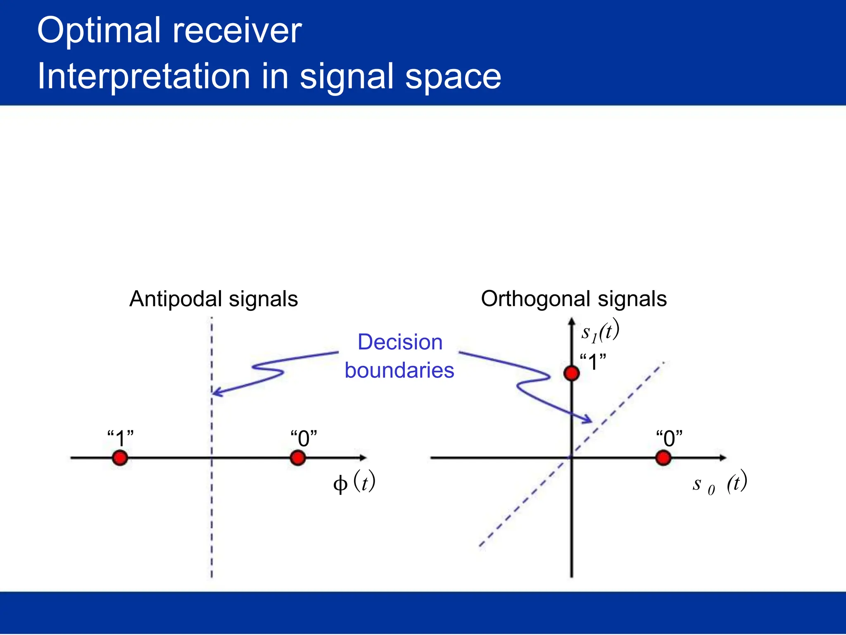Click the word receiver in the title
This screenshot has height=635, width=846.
[237, 31]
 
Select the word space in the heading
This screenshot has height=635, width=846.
[453, 77]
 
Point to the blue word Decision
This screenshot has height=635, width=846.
[400, 342]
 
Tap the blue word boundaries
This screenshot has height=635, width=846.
[399, 370]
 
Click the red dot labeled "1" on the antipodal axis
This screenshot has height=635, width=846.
[120, 458]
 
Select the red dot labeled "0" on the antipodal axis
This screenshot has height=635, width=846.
[297, 458]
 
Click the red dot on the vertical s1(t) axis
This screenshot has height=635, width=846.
[571, 373]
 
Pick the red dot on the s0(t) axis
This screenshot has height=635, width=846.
[663, 458]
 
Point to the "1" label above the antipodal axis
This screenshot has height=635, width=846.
[120, 438]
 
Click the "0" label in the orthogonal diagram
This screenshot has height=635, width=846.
[669, 438]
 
